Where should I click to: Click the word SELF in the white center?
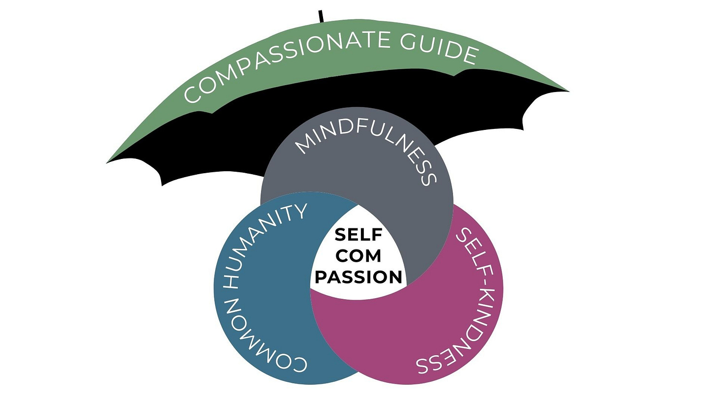(x=358, y=234)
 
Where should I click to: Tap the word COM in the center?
(x=358, y=255)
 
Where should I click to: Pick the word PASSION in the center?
(x=358, y=277)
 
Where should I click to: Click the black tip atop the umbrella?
(x=321, y=16)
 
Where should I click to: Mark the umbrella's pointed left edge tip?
(x=108, y=162)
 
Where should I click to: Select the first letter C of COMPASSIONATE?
(x=193, y=94)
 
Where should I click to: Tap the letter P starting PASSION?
(x=322, y=277)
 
